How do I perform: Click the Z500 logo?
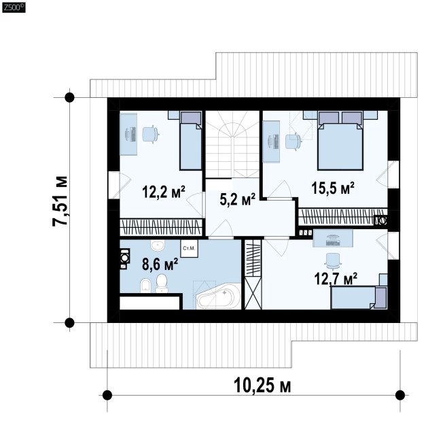click(x=14, y=7)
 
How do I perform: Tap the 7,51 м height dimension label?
click(x=60, y=201)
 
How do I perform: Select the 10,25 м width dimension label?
click(x=262, y=386)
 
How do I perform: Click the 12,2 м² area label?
click(x=164, y=191)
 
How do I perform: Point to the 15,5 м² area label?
click(x=333, y=188)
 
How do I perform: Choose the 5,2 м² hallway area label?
click(x=238, y=199)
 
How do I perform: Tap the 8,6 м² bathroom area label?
click(x=160, y=264)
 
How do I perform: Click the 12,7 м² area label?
click(x=336, y=279)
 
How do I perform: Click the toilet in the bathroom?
click(x=162, y=284)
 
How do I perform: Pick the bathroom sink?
click(x=158, y=245)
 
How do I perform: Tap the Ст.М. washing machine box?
click(x=189, y=249)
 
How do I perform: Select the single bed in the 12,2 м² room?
click(x=191, y=140)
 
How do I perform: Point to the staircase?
click(x=232, y=144)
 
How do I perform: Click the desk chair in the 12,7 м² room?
click(x=333, y=261)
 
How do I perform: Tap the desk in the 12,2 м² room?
click(x=128, y=134)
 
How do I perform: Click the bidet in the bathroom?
click(x=145, y=285)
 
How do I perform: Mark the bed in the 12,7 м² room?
click(x=359, y=297)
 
